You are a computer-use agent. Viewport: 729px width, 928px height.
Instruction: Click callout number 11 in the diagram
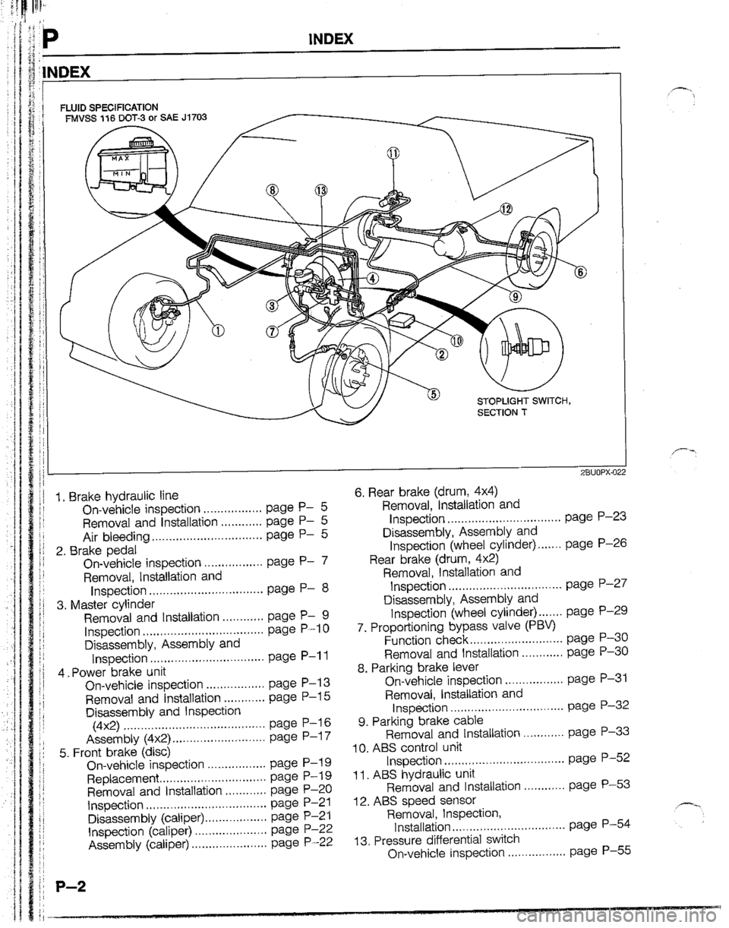(x=393, y=153)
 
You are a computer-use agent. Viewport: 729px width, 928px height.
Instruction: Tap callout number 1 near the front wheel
(x=218, y=330)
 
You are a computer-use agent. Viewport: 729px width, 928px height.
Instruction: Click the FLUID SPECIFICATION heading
(x=109, y=106)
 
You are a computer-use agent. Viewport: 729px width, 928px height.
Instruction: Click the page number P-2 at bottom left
(x=71, y=885)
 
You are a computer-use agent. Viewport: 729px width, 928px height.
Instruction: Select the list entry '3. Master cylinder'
(x=106, y=604)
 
